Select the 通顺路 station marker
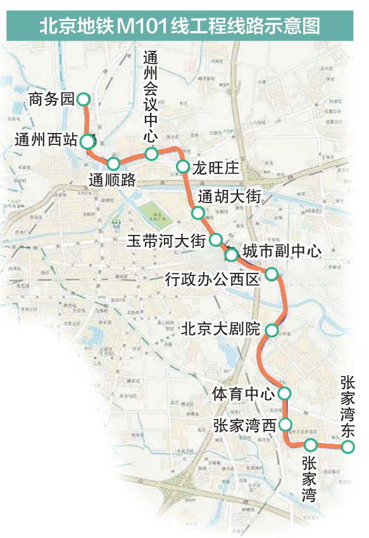[x=113, y=163]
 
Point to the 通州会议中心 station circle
[x=151, y=154]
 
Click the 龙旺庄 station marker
[x=182, y=167]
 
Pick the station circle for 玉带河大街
[x=216, y=240]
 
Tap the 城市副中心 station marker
[x=232, y=255]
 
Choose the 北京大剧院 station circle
[x=272, y=330]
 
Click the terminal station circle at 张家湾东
[x=347, y=447]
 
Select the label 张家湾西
[x=244, y=425]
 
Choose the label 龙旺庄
[x=216, y=168]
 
